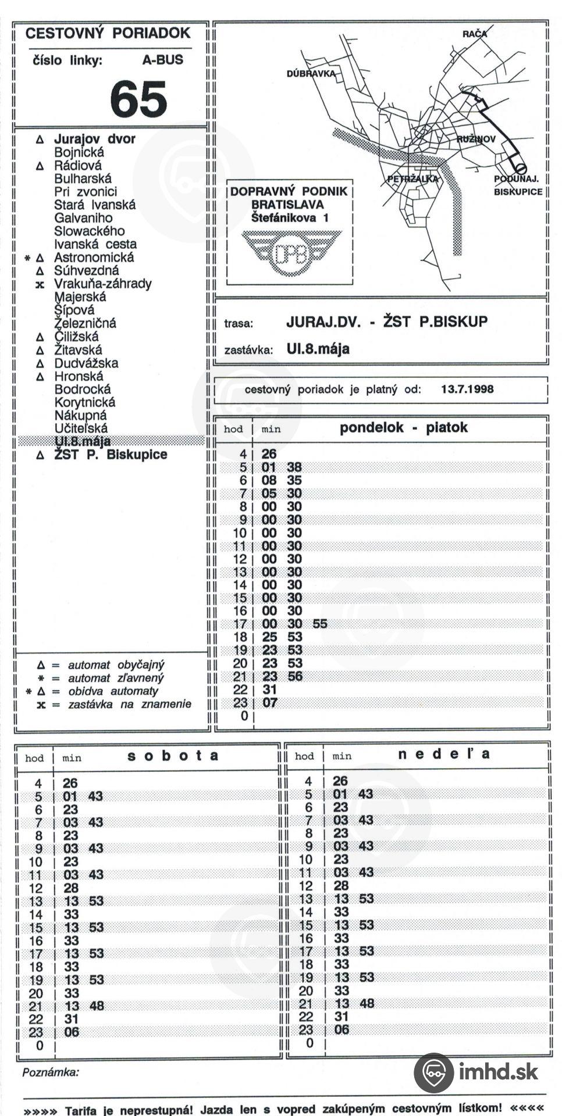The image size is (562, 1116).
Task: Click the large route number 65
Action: [138, 99]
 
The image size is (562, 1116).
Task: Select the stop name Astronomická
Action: [94, 257]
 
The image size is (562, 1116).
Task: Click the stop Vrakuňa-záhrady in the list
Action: [102, 284]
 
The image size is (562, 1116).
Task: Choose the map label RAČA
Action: [474, 34]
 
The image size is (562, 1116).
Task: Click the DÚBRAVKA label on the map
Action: [311, 74]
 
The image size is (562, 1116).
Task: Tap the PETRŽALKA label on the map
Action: [412, 179]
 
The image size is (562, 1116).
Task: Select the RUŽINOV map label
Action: [476, 139]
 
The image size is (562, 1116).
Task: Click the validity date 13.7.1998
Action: [467, 389]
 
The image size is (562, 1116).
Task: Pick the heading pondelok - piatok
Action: [403, 428]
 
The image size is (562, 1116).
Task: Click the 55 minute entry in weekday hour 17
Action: [320, 624]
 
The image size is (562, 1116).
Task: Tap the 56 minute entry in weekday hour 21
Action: [295, 677]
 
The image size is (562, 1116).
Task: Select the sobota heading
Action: [173, 756]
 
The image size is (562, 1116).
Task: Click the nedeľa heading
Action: [444, 754]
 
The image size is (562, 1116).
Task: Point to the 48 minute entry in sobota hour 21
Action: [97, 1006]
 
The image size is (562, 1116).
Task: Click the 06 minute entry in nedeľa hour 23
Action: [342, 1029]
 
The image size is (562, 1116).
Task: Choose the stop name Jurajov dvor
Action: [94, 139]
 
